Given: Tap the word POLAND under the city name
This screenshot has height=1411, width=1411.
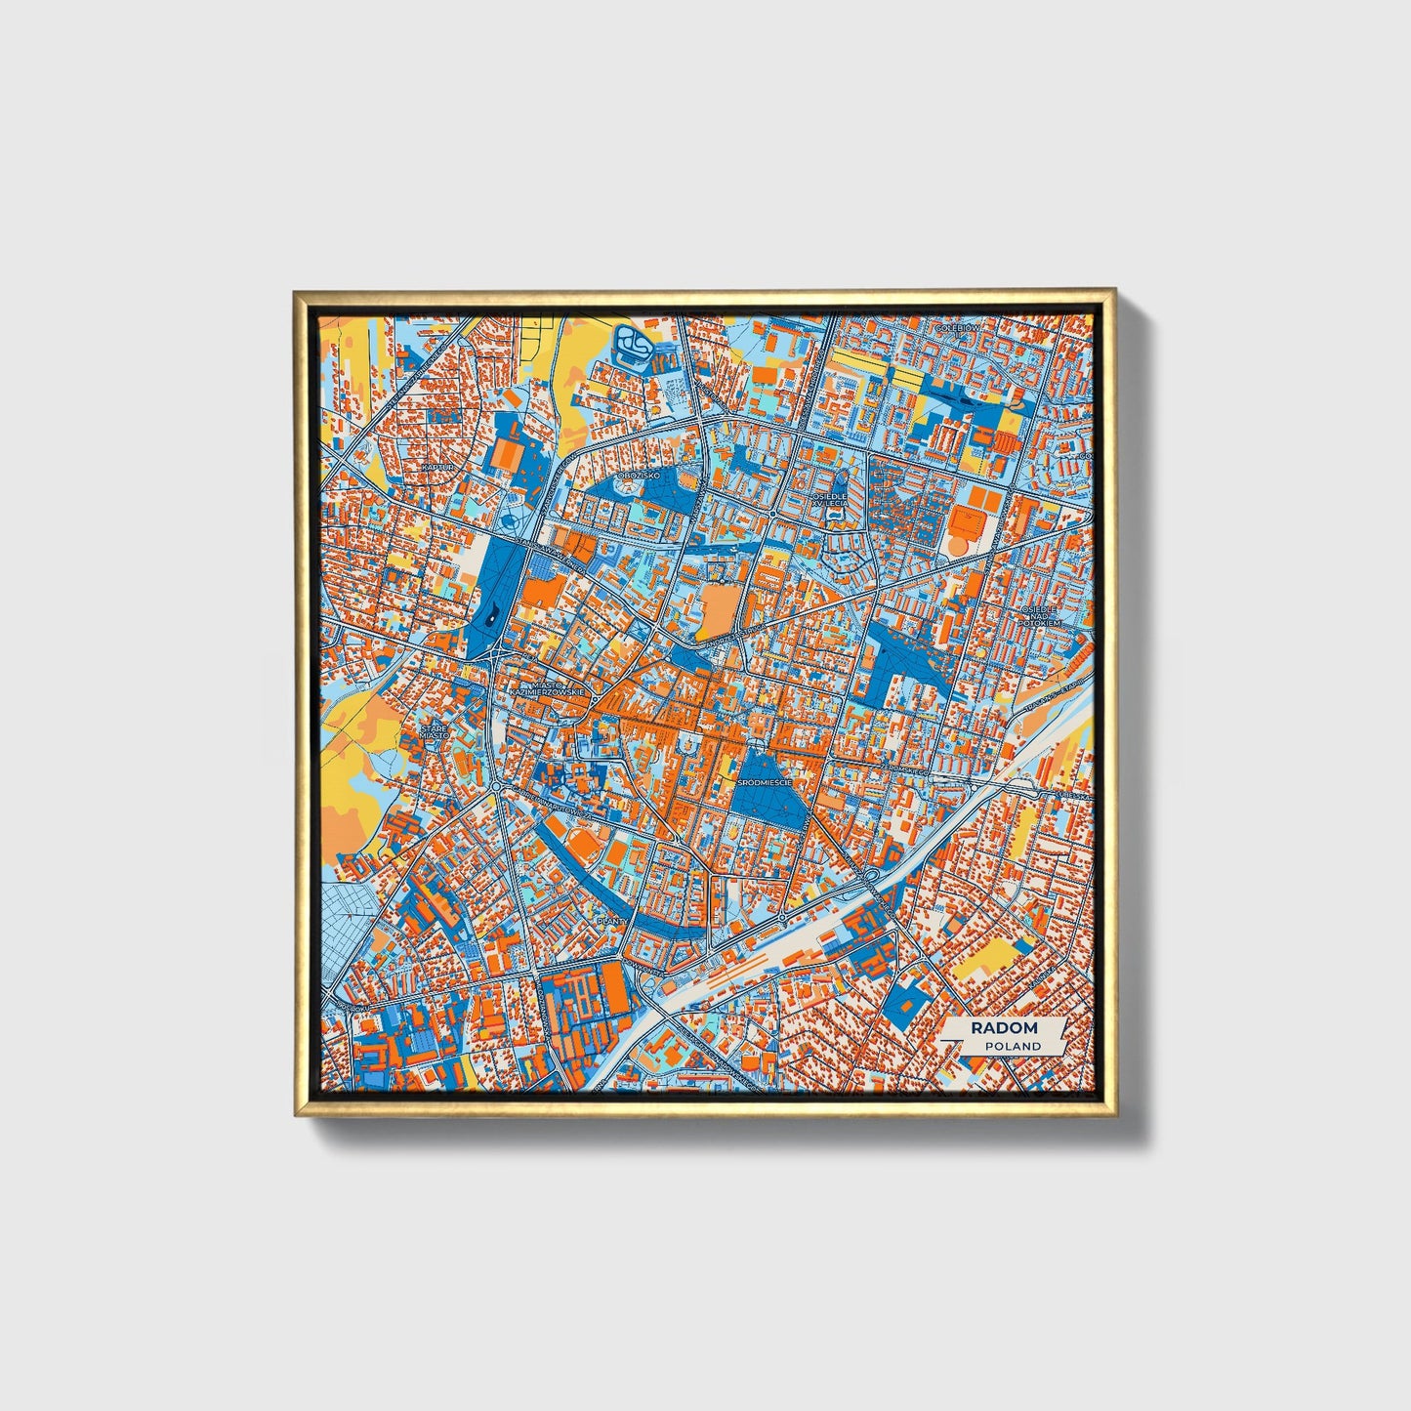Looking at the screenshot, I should (x=1012, y=1046).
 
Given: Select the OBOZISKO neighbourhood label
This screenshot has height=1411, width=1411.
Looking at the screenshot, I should (x=640, y=475).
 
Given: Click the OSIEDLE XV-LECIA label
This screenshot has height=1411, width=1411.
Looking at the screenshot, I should (x=830, y=500).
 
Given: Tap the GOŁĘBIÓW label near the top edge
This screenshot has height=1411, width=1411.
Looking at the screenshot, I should (x=956, y=328).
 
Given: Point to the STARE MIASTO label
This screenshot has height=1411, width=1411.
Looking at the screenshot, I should (x=435, y=732).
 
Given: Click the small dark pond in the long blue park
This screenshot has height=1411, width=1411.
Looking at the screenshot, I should (x=489, y=614).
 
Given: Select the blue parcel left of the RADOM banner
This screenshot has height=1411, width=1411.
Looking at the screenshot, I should (x=906, y=997).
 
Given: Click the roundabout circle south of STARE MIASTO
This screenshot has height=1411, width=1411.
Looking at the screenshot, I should (x=497, y=787).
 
